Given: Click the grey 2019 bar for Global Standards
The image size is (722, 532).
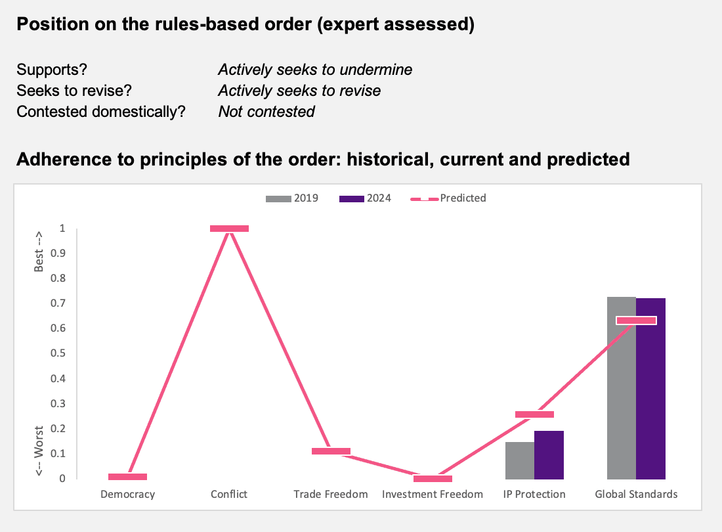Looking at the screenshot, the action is (x=621, y=388).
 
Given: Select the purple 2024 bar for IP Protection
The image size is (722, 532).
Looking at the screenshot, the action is (x=549, y=455).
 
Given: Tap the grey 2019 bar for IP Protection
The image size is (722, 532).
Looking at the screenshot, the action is (x=520, y=460).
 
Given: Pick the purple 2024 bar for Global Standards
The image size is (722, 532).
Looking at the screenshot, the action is (x=650, y=389).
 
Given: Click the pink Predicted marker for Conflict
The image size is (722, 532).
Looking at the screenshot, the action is (x=229, y=229).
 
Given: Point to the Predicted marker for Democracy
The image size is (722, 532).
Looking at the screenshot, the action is (x=127, y=477).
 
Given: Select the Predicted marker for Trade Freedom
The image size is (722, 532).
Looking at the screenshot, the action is (x=331, y=451).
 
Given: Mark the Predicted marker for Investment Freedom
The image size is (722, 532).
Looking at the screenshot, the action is (x=433, y=479).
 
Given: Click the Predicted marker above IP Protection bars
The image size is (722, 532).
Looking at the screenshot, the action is (x=534, y=414).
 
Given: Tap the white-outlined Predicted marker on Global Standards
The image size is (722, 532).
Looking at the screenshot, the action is (x=637, y=321).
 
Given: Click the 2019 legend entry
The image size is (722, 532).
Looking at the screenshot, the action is (x=292, y=198).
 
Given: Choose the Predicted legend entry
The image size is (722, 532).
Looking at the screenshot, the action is (x=448, y=198).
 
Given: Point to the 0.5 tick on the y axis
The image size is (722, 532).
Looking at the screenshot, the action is (x=58, y=353).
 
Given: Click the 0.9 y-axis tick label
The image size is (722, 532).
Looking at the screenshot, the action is (x=58, y=254).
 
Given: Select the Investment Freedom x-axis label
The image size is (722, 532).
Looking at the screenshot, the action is (x=433, y=494).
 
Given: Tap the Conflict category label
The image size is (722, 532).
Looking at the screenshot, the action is (x=229, y=494).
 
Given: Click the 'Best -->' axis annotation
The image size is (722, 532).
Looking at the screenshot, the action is (x=39, y=252).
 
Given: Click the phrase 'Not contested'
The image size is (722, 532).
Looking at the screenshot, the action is (x=266, y=112).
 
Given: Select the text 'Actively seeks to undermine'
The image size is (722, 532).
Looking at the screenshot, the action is (x=315, y=70).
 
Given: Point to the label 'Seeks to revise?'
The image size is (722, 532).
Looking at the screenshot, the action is (x=74, y=91).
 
